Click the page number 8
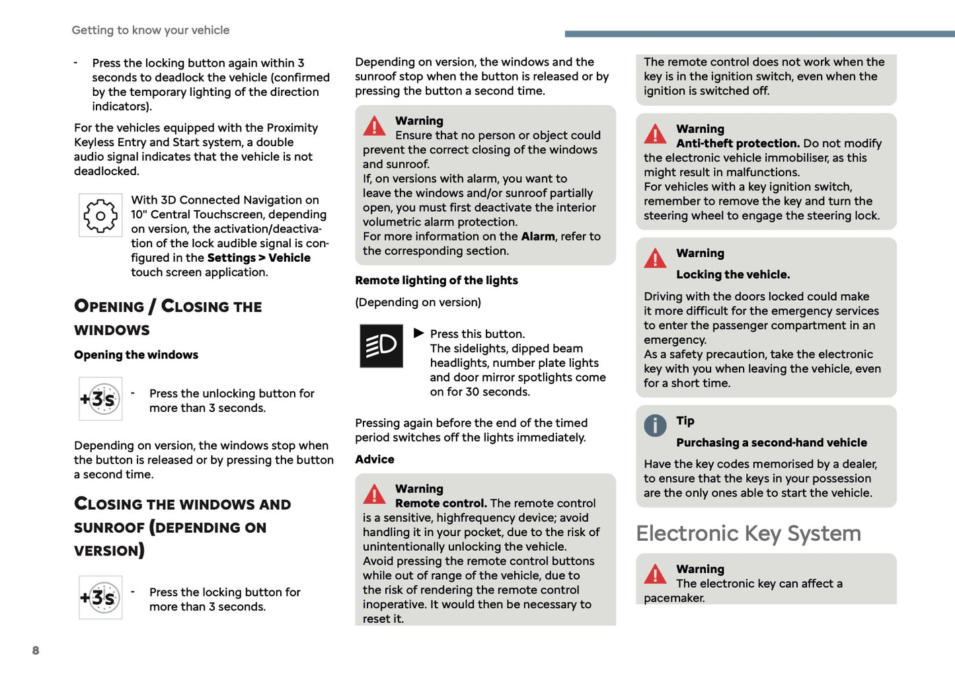(x=36, y=651)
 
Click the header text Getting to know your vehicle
(x=151, y=30)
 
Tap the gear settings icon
(x=100, y=216)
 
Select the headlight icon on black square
(x=381, y=346)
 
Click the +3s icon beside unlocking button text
(x=100, y=399)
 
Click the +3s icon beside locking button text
(x=100, y=598)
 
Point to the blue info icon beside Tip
(x=655, y=425)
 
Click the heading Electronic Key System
(x=748, y=534)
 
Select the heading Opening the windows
(x=136, y=355)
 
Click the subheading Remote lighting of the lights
(x=436, y=280)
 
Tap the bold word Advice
(x=375, y=459)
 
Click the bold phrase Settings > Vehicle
(x=258, y=258)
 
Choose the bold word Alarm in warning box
(x=538, y=237)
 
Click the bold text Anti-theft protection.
(x=738, y=143)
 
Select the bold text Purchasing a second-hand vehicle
(x=771, y=443)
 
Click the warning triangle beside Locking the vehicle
(x=655, y=258)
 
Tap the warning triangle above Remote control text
(x=374, y=494)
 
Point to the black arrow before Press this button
(x=418, y=333)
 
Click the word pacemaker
(x=674, y=598)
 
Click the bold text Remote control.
(x=441, y=504)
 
